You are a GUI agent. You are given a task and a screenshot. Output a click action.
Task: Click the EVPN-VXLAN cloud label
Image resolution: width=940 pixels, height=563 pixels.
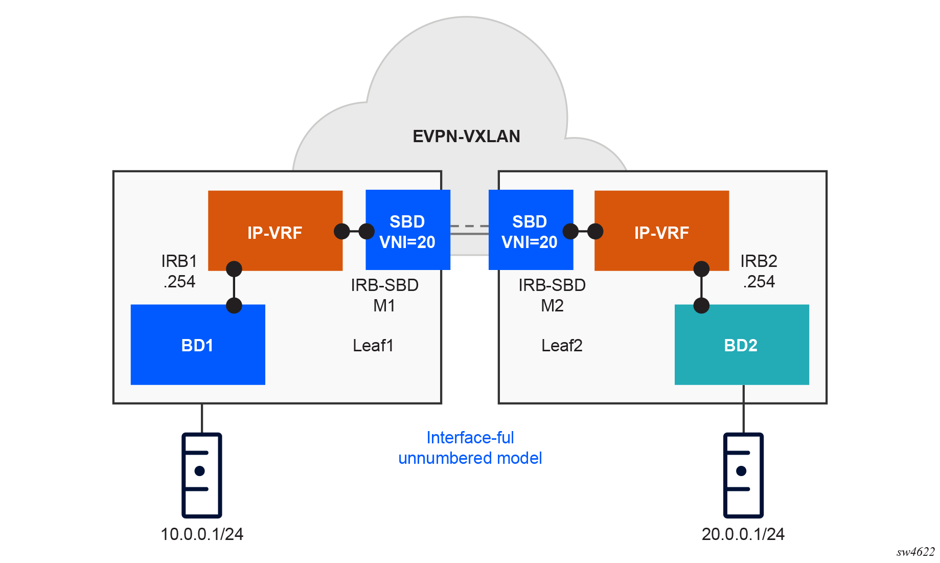[x=466, y=137]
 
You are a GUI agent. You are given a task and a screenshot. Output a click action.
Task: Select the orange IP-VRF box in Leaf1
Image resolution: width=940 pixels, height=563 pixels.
[x=275, y=231]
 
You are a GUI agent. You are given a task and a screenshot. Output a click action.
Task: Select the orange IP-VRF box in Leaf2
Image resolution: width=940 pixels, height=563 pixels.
[x=661, y=231]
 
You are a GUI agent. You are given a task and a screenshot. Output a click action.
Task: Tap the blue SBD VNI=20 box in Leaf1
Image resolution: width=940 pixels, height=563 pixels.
[x=407, y=230]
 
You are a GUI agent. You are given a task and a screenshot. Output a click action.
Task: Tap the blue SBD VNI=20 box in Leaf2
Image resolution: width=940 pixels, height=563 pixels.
[x=530, y=230]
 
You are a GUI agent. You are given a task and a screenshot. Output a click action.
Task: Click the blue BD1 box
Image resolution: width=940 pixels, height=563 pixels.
[x=198, y=345]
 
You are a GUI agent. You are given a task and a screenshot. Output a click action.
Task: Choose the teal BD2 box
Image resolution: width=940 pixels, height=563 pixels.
[x=741, y=345]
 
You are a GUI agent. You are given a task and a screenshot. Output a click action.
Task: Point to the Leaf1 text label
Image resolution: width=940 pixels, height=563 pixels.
[x=373, y=346]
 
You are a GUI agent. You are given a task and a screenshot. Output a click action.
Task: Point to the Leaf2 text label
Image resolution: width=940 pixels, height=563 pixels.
[x=562, y=346]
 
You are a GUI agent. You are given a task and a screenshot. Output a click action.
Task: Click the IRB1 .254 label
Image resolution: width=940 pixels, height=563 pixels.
[x=179, y=272]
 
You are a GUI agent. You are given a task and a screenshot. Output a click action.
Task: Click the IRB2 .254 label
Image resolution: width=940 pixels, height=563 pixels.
[x=759, y=272]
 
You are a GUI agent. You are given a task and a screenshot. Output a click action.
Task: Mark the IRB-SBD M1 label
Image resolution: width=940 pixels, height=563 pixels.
[x=384, y=295]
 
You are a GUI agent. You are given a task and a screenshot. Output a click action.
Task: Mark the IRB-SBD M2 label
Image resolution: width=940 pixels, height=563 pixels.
[x=552, y=295]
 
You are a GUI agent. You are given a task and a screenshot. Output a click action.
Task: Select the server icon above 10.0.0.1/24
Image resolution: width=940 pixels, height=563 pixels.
[x=202, y=475]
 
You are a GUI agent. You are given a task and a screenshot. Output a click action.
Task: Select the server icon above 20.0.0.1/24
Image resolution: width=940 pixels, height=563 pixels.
[x=743, y=475]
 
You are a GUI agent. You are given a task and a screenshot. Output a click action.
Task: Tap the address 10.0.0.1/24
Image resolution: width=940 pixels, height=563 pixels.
[x=202, y=534]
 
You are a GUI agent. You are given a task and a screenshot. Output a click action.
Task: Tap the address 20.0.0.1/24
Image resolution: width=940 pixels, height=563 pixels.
[x=743, y=534]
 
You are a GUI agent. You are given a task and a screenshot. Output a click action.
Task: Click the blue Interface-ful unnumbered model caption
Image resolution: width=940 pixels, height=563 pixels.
[x=470, y=448]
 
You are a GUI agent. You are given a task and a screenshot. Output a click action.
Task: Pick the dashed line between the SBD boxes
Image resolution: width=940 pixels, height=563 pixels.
[x=469, y=226]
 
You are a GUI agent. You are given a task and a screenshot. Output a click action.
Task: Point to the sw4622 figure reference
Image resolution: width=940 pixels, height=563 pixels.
[x=915, y=552]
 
